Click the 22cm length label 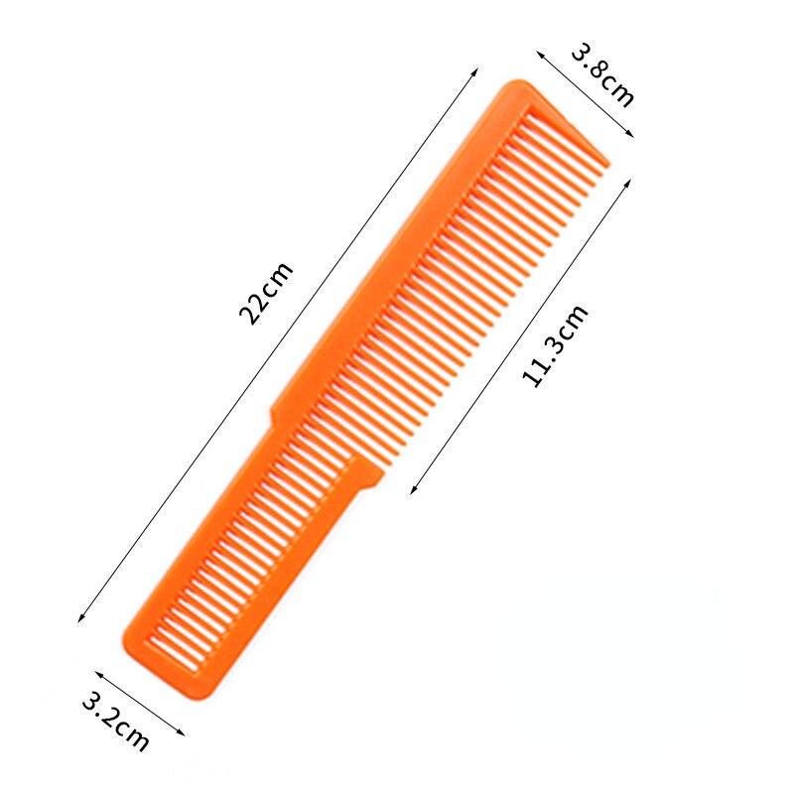[266, 294]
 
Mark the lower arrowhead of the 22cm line [79, 621]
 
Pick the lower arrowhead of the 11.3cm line [412, 490]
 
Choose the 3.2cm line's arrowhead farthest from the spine [184, 734]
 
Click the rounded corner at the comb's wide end [515, 87]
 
